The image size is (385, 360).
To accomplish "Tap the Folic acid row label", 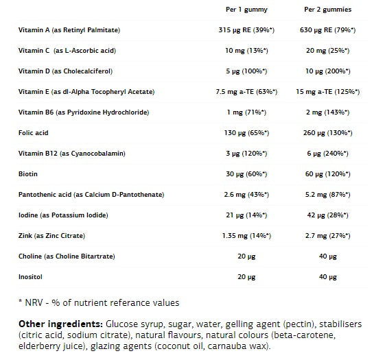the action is [34, 133].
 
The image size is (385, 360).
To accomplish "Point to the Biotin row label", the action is [28, 174].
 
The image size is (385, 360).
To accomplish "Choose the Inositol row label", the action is [31, 277].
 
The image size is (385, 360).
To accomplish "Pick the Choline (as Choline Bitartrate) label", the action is [66, 256].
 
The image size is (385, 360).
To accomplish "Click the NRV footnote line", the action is [99, 302].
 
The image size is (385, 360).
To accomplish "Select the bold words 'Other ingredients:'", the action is [60, 324].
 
